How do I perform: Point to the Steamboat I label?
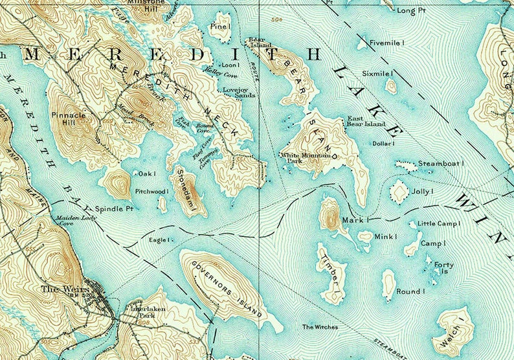click(x=441, y=164)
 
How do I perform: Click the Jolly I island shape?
click(x=399, y=191)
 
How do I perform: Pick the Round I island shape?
click(x=388, y=284)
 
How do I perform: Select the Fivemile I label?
click(x=387, y=43)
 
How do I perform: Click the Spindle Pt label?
click(x=114, y=209)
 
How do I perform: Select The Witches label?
click(x=320, y=328)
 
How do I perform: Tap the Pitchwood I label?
click(x=151, y=192)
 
